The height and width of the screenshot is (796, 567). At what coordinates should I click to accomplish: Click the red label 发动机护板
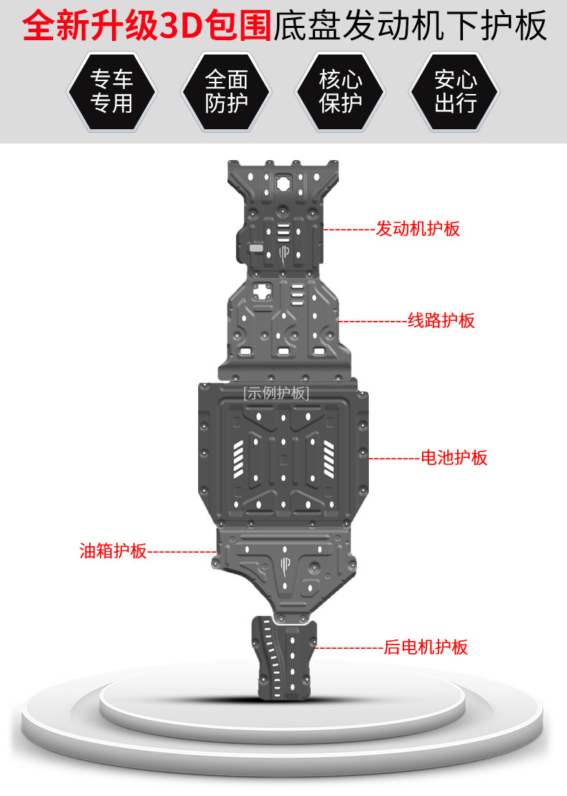(x=418, y=229)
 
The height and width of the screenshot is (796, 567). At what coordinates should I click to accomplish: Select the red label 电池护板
(x=454, y=457)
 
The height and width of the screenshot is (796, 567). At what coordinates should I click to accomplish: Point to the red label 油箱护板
(x=113, y=551)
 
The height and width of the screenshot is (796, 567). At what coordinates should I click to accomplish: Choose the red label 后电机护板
(x=426, y=647)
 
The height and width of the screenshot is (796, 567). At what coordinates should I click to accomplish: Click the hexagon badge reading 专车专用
(x=111, y=90)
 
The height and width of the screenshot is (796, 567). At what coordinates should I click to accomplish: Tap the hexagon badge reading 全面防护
(x=226, y=90)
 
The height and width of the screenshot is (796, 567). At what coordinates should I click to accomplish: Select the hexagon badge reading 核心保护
(x=340, y=90)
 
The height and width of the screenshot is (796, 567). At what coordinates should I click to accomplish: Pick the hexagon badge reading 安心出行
(x=455, y=90)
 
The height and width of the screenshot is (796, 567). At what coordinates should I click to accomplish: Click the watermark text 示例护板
(x=276, y=393)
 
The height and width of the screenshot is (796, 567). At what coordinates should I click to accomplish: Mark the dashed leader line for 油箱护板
(x=181, y=551)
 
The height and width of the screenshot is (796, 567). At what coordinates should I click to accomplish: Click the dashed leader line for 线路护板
(x=372, y=321)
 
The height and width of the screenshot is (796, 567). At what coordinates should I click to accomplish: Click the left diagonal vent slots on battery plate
(x=238, y=459)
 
